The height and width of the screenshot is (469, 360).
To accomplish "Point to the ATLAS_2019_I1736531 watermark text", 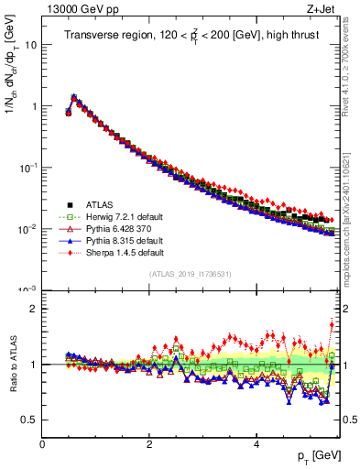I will tap(191, 274).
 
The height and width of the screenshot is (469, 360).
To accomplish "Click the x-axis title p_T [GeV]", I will tap(314, 455).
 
